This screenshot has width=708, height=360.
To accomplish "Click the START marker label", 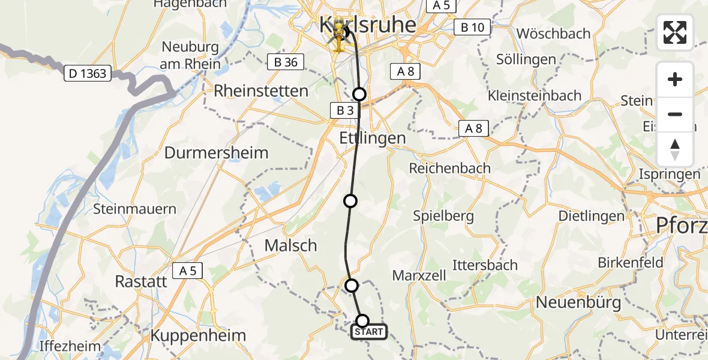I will click(x=368, y=332).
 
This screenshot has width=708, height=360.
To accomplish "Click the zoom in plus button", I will click(x=675, y=80).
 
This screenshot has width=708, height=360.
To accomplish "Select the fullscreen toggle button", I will click(x=675, y=32).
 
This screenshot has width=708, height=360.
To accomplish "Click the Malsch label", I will click(x=291, y=245).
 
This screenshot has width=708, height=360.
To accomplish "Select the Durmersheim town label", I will click(x=216, y=152).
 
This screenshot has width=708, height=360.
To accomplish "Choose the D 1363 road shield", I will click(x=88, y=74).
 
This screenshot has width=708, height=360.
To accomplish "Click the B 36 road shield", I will click(x=286, y=62).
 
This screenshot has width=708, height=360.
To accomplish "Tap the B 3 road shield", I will click(x=345, y=110).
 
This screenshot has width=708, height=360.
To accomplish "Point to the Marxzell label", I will click(x=419, y=275).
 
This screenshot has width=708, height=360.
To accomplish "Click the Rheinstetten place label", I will click(x=261, y=91).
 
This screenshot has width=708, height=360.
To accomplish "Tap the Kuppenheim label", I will click(x=198, y=335).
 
